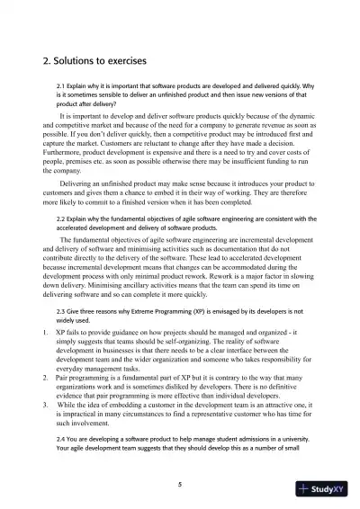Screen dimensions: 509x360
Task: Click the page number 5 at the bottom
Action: [x=180, y=485]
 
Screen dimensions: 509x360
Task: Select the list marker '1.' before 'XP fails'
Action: [x=46, y=332]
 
